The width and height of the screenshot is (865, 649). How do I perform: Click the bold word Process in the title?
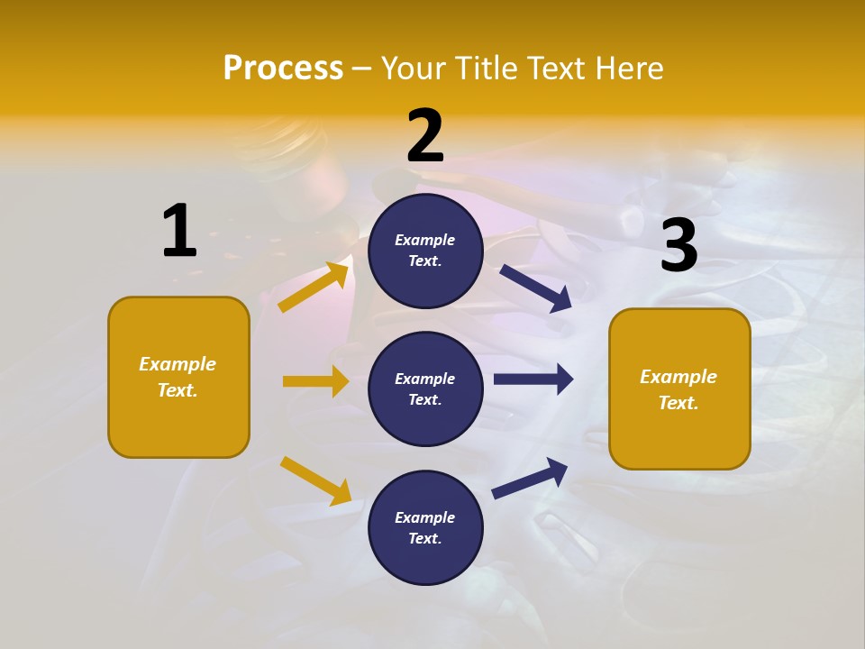click(283, 68)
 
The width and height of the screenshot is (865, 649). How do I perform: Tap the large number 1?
click(179, 231)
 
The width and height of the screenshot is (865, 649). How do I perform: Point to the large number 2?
click(425, 136)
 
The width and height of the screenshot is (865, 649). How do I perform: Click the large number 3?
click(679, 245)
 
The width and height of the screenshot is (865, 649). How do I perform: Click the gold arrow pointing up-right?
click(314, 288)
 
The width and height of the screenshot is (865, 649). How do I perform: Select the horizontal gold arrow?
click(315, 381)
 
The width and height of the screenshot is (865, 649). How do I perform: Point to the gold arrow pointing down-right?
click(315, 480)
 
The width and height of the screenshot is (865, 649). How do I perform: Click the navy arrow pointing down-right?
click(536, 288)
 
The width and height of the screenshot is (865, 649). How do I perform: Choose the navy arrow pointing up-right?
click(530, 478)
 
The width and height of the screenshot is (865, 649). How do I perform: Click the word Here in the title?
click(630, 68)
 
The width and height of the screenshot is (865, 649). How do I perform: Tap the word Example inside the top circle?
click(425, 240)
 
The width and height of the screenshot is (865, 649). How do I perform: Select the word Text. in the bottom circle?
click(425, 538)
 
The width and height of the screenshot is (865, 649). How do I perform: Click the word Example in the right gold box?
click(678, 377)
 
